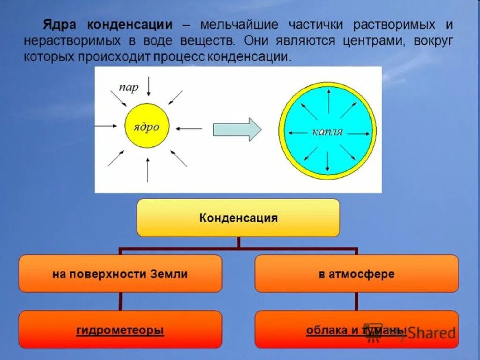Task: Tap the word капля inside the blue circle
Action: pos(328,132)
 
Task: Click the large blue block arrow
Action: pos(237,129)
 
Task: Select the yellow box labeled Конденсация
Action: pos(238,218)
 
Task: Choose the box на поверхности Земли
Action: pos(120,274)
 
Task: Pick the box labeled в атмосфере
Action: pos(356,274)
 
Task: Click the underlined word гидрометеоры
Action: pos(120,330)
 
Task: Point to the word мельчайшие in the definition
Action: pos(239,24)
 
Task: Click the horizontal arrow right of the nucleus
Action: pos(190,128)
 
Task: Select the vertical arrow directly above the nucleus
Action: pos(148,86)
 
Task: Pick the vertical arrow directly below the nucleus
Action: pos(148,170)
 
